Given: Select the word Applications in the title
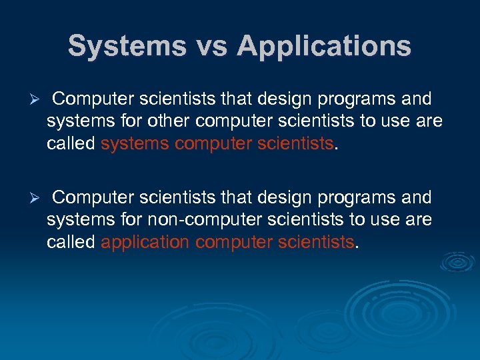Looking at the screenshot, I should pyautogui.click(x=325, y=46).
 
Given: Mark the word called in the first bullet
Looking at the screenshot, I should pyautogui.click(x=71, y=145).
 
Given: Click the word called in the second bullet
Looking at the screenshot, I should pyautogui.click(x=71, y=243).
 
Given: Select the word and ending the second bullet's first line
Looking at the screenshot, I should pyautogui.click(x=416, y=198).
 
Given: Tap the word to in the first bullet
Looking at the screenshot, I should pyautogui.click(x=371, y=123).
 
